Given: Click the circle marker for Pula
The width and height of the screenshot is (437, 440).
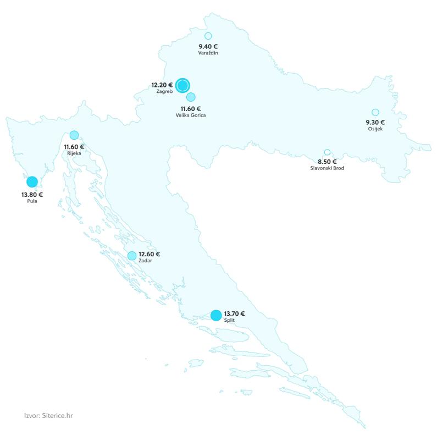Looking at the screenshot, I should (x=32, y=182).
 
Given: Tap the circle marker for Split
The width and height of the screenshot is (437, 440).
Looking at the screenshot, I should (x=216, y=315).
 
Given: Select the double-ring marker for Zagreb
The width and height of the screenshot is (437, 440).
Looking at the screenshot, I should (x=183, y=85).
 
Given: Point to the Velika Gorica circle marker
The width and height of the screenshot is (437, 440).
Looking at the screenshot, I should (x=191, y=97).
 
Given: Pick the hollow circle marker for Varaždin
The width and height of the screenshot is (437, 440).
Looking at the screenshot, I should (x=208, y=36).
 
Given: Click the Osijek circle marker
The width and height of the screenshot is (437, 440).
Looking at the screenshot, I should (x=375, y=112).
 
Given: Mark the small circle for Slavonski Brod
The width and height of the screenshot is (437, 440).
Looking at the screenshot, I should (x=327, y=152).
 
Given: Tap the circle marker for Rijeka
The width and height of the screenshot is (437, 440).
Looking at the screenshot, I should (x=74, y=135).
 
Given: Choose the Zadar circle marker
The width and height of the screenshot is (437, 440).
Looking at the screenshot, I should (x=132, y=256).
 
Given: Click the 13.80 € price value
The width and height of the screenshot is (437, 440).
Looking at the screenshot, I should (x=32, y=194).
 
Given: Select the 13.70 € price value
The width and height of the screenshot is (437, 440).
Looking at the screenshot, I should (x=235, y=313).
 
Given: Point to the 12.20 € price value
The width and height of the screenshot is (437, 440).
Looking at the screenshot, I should (x=162, y=85).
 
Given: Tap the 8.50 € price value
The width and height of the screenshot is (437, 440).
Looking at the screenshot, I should (x=327, y=161).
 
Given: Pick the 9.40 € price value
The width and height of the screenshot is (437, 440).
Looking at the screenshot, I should (x=208, y=47).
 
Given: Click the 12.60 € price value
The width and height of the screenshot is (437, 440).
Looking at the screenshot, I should (x=150, y=254).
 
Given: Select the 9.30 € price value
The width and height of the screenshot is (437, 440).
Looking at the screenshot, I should (x=375, y=122).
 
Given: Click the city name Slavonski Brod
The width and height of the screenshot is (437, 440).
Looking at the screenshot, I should (x=327, y=168).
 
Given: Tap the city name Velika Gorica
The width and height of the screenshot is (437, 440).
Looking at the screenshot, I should (x=191, y=116).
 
